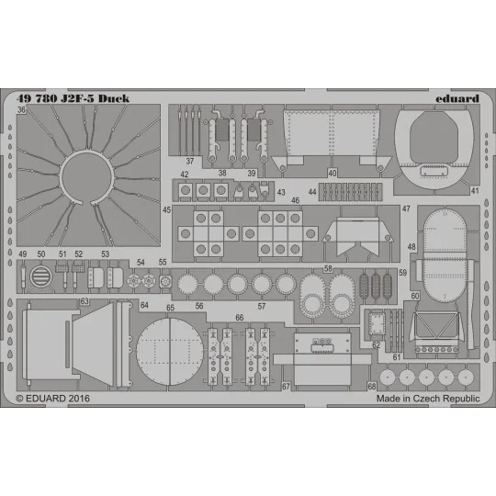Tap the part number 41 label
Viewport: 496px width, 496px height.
pyautogui.click(x=475, y=191)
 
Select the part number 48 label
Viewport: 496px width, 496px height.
pyautogui.click(x=411, y=247)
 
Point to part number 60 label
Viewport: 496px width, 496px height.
pyautogui.click(x=415, y=296)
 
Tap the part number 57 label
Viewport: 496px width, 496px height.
pyautogui.click(x=262, y=306)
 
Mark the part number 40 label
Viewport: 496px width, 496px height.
pyautogui.click(x=332, y=173)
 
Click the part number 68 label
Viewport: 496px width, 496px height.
pyautogui.click(x=372, y=386)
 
